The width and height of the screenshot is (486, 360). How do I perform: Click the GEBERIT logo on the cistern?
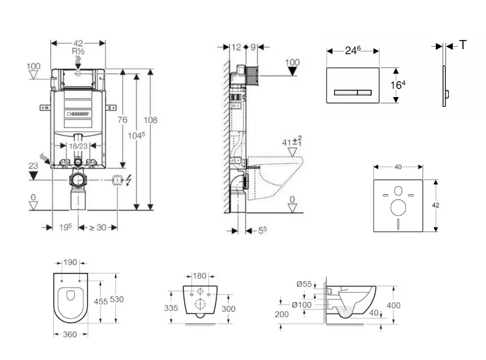point(78,114)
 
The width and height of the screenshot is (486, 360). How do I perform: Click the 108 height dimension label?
point(150,120)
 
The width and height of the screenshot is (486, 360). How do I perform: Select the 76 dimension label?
point(122,120)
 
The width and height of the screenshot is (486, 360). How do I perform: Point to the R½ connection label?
point(78,51)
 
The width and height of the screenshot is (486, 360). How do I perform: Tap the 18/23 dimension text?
point(78,146)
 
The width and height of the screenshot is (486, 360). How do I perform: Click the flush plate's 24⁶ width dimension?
point(352,50)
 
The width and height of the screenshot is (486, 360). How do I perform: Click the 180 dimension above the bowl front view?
point(199,277)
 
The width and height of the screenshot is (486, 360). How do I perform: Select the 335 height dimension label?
point(171,307)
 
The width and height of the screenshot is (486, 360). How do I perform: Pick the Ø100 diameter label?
point(302,305)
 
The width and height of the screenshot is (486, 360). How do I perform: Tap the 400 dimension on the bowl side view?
point(393,306)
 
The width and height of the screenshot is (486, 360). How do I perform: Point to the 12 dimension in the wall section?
point(237,47)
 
